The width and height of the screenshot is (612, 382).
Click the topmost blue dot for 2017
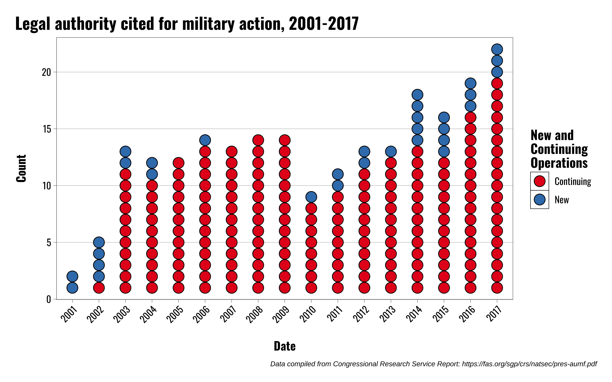click(497, 49)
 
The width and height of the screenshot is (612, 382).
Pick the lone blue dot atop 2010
click(311, 197)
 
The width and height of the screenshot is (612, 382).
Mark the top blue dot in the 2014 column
click(417, 95)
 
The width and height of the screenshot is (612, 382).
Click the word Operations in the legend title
click(559, 163)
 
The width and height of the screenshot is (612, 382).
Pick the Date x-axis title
click(284, 346)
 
